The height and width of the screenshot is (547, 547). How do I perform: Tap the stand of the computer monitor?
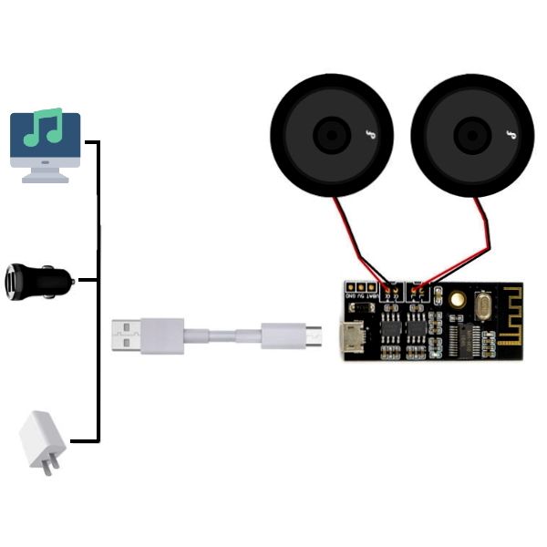(x=45, y=175)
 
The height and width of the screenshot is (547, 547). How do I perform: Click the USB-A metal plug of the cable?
(x=126, y=335)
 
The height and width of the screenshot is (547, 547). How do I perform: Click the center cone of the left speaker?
(x=330, y=135)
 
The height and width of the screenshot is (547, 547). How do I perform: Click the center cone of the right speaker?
(x=470, y=135)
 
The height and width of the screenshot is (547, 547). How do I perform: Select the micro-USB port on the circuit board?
(x=348, y=339)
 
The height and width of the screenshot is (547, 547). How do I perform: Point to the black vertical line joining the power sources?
(x=98, y=292)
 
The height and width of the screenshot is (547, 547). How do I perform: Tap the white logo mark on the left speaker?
(x=369, y=136)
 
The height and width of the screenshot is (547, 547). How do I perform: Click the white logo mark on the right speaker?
(x=510, y=136)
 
